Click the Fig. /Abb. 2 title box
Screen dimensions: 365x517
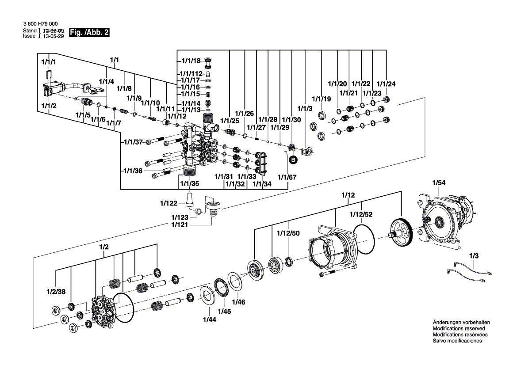coord(89,33)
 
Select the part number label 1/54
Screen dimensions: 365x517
coord(439,182)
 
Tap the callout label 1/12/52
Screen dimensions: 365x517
coord(361,214)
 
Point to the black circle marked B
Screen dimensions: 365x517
coord(292,160)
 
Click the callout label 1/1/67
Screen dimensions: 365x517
coord(287,177)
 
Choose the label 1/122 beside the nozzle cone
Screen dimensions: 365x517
coord(169,203)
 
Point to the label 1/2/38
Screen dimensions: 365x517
coord(55,292)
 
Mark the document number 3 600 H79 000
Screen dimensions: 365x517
coord(40,24)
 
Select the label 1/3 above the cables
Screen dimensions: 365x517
coord(474,256)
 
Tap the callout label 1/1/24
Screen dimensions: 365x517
coord(386,84)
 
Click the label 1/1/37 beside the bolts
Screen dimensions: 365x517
coord(133,142)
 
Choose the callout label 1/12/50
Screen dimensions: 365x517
coord(288,233)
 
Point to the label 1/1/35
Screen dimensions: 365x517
coord(189,183)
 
